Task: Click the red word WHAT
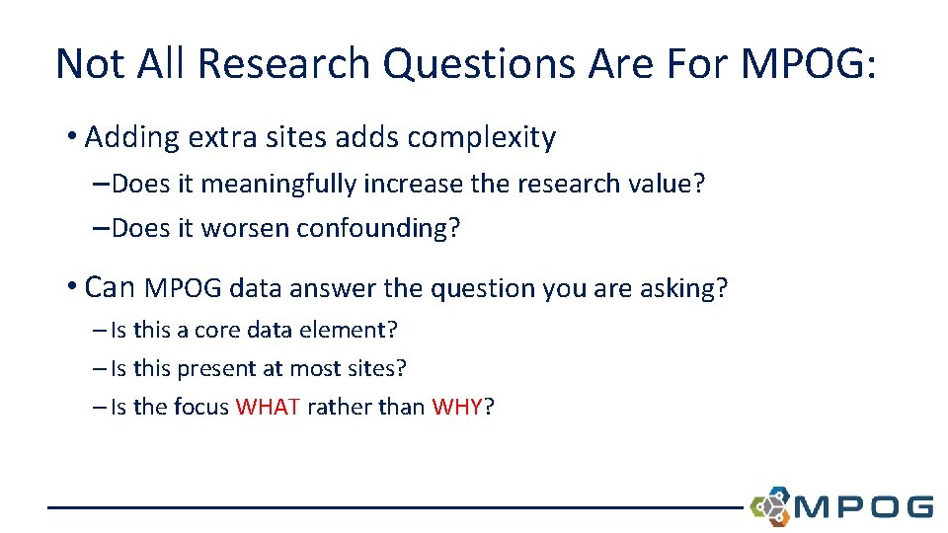pyautogui.click(x=268, y=407)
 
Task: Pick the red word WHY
pyautogui.click(x=457, y=407)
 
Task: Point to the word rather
pyautogui.click(x=336, y=407)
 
